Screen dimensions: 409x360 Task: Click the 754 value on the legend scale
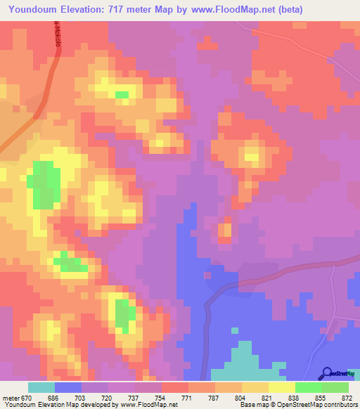coord(161,398)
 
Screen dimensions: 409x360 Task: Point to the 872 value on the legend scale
coord(347,398)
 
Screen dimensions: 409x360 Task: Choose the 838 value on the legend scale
coord(295,398)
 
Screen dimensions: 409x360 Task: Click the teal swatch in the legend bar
coord(41,387)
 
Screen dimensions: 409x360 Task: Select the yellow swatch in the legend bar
coord(281,387)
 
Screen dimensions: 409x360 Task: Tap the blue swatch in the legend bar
coord(68,387)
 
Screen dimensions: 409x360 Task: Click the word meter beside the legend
coord(10,398)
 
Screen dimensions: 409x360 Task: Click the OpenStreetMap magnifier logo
coord(327,373)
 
